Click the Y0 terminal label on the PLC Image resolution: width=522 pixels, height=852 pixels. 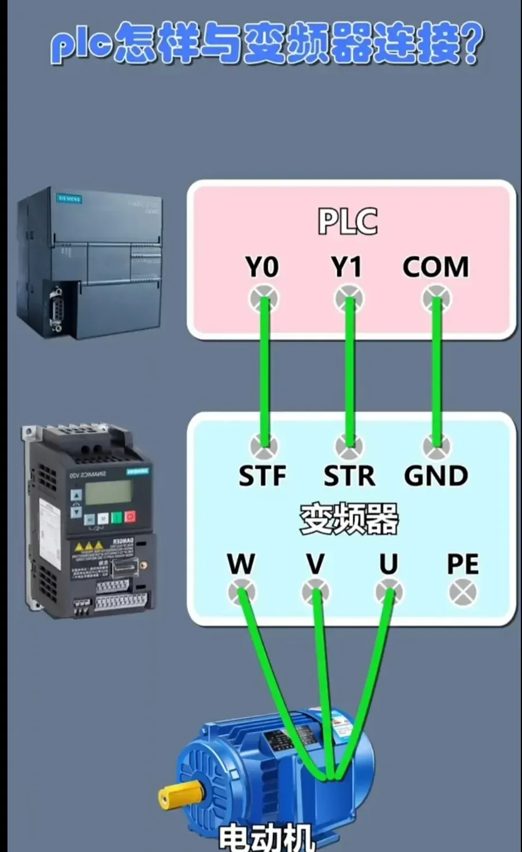pyautogui.click(x=262, y=267)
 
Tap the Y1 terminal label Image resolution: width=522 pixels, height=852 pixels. pyautogui.click(x=347, y=267)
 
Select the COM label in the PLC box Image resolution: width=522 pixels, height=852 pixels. pyautogui.click(x=435, y=267)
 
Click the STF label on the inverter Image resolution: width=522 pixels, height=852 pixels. pyautogui.click(x=262, y=475)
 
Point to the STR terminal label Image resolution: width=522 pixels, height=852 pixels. pyautogui.click(x=349, y=475)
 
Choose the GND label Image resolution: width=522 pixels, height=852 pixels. pyautogui.click(x=436, y=475)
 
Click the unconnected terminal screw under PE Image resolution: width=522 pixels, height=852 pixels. pyautogui.click(x=463, y=593)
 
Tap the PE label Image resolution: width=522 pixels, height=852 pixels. pyautogui.click(x=462, y=564)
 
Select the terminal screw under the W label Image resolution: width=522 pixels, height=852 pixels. pyautogui.click(x=242, y=592)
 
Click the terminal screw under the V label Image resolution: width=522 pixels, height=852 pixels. pyautogui.click(x=316, y=592)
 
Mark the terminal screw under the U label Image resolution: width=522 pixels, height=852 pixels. pyautogui.click(x=389, y=592)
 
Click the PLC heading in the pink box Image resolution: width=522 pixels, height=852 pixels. pyautogui.click(x=348, y=222)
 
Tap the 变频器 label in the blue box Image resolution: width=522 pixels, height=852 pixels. pyautogui.click(x=349, y=518)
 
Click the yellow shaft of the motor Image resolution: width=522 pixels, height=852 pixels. pyautogui.click(x=176, y=797)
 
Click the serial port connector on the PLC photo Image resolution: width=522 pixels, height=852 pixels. pyautogui.click(x=57, y=307)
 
